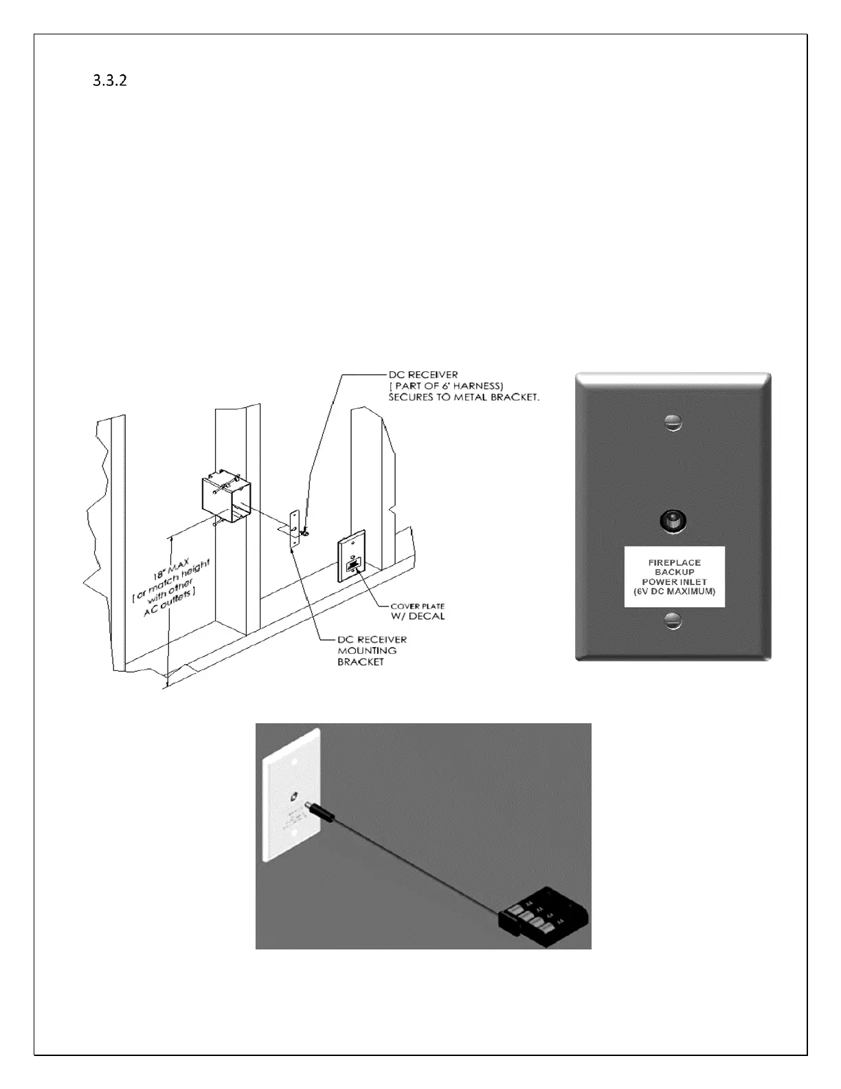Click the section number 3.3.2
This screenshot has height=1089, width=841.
[x=110, y=80]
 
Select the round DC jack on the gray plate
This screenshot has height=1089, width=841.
[x=673, y=520]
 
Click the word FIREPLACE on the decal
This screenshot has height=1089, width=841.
[x=674, y=562]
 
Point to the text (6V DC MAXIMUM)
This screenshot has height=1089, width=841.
[x=674, y=592]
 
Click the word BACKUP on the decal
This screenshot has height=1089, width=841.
[x=674, y=572]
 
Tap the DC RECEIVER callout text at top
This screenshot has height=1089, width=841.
[x=423, y=375]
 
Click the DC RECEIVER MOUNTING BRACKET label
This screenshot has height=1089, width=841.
[x=372, y=650]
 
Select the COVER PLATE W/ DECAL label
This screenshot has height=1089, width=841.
[x=417, y=611]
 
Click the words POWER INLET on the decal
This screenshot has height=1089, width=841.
[x=674, y=582]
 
